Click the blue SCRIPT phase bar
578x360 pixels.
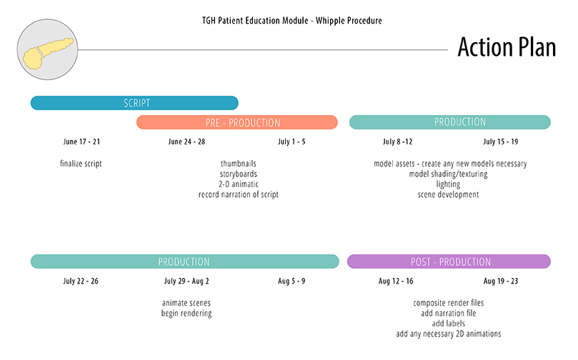134,103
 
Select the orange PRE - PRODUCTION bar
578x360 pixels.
237,122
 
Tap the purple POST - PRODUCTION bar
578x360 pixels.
449,261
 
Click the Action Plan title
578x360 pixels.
507,47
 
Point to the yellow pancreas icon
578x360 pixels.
48,54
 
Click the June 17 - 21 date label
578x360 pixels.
81,142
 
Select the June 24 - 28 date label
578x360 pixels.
186,142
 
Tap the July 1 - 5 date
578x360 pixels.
292,142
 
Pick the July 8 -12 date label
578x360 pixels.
397,142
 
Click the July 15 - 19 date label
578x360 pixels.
501,142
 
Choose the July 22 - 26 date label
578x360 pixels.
81,281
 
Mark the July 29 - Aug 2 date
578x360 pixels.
186,281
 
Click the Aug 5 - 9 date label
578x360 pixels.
292,281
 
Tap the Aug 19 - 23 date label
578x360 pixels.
501,281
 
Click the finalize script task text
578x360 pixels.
81,164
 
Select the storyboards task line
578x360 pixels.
239,174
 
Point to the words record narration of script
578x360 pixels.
239,194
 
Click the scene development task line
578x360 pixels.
448,194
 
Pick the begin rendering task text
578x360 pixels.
186,313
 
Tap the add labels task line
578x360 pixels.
449,324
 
